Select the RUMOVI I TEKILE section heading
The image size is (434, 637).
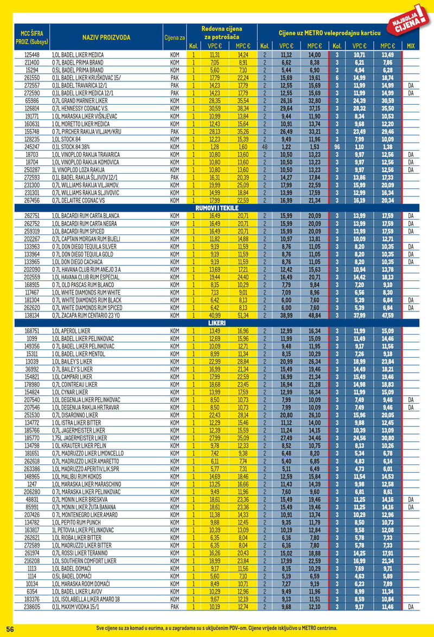click(216, 208)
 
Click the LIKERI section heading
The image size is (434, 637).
click(216, 323)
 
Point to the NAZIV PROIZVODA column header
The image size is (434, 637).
click(106, 37)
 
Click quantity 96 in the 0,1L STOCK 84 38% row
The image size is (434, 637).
click(337, 146)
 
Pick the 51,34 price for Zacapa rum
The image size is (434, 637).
click(243, 315)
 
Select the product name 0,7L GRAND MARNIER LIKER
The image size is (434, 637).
click(78, 100)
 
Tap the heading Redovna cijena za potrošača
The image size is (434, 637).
click(221, 32)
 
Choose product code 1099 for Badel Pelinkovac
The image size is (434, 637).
click(32, 338)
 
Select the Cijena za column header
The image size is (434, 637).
click(175, 37)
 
